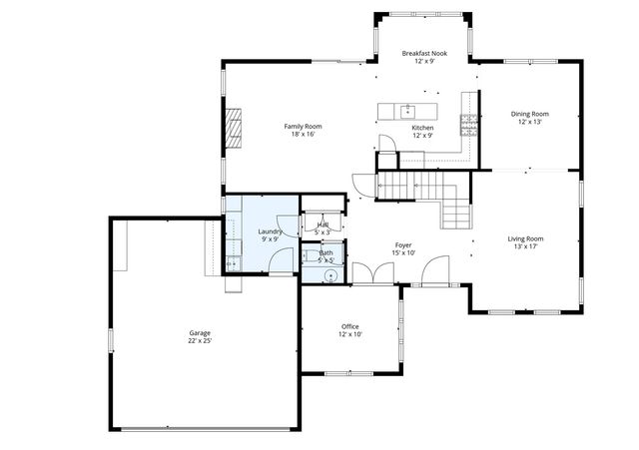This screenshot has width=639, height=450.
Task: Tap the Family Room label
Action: pos(303,126)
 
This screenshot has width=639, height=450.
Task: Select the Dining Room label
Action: pos(530,114)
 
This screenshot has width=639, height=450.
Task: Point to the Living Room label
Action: pos(525,238)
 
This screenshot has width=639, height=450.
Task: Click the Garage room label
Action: pos(200,332)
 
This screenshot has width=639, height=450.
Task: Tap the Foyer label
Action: pos(403,244)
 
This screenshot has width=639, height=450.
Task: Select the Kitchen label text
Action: pos(422,128)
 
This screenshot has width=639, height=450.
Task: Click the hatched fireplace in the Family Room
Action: pos(233,128)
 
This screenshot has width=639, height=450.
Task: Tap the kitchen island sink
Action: pos(407,109)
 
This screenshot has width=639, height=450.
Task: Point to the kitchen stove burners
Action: pos(468,124)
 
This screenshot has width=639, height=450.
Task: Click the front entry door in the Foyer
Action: pos(433,271)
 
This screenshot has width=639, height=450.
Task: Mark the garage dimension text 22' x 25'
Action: pos(200,341)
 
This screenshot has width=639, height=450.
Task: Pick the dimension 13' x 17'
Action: pos(525,247)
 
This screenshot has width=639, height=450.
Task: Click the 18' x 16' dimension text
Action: pos(303,135)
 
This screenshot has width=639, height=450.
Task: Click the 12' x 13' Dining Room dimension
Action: pos(530,123)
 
